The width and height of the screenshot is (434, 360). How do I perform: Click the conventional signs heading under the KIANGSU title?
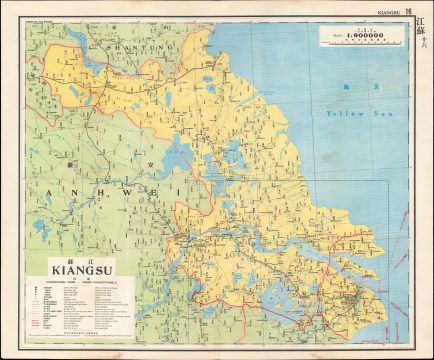[66, 280]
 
